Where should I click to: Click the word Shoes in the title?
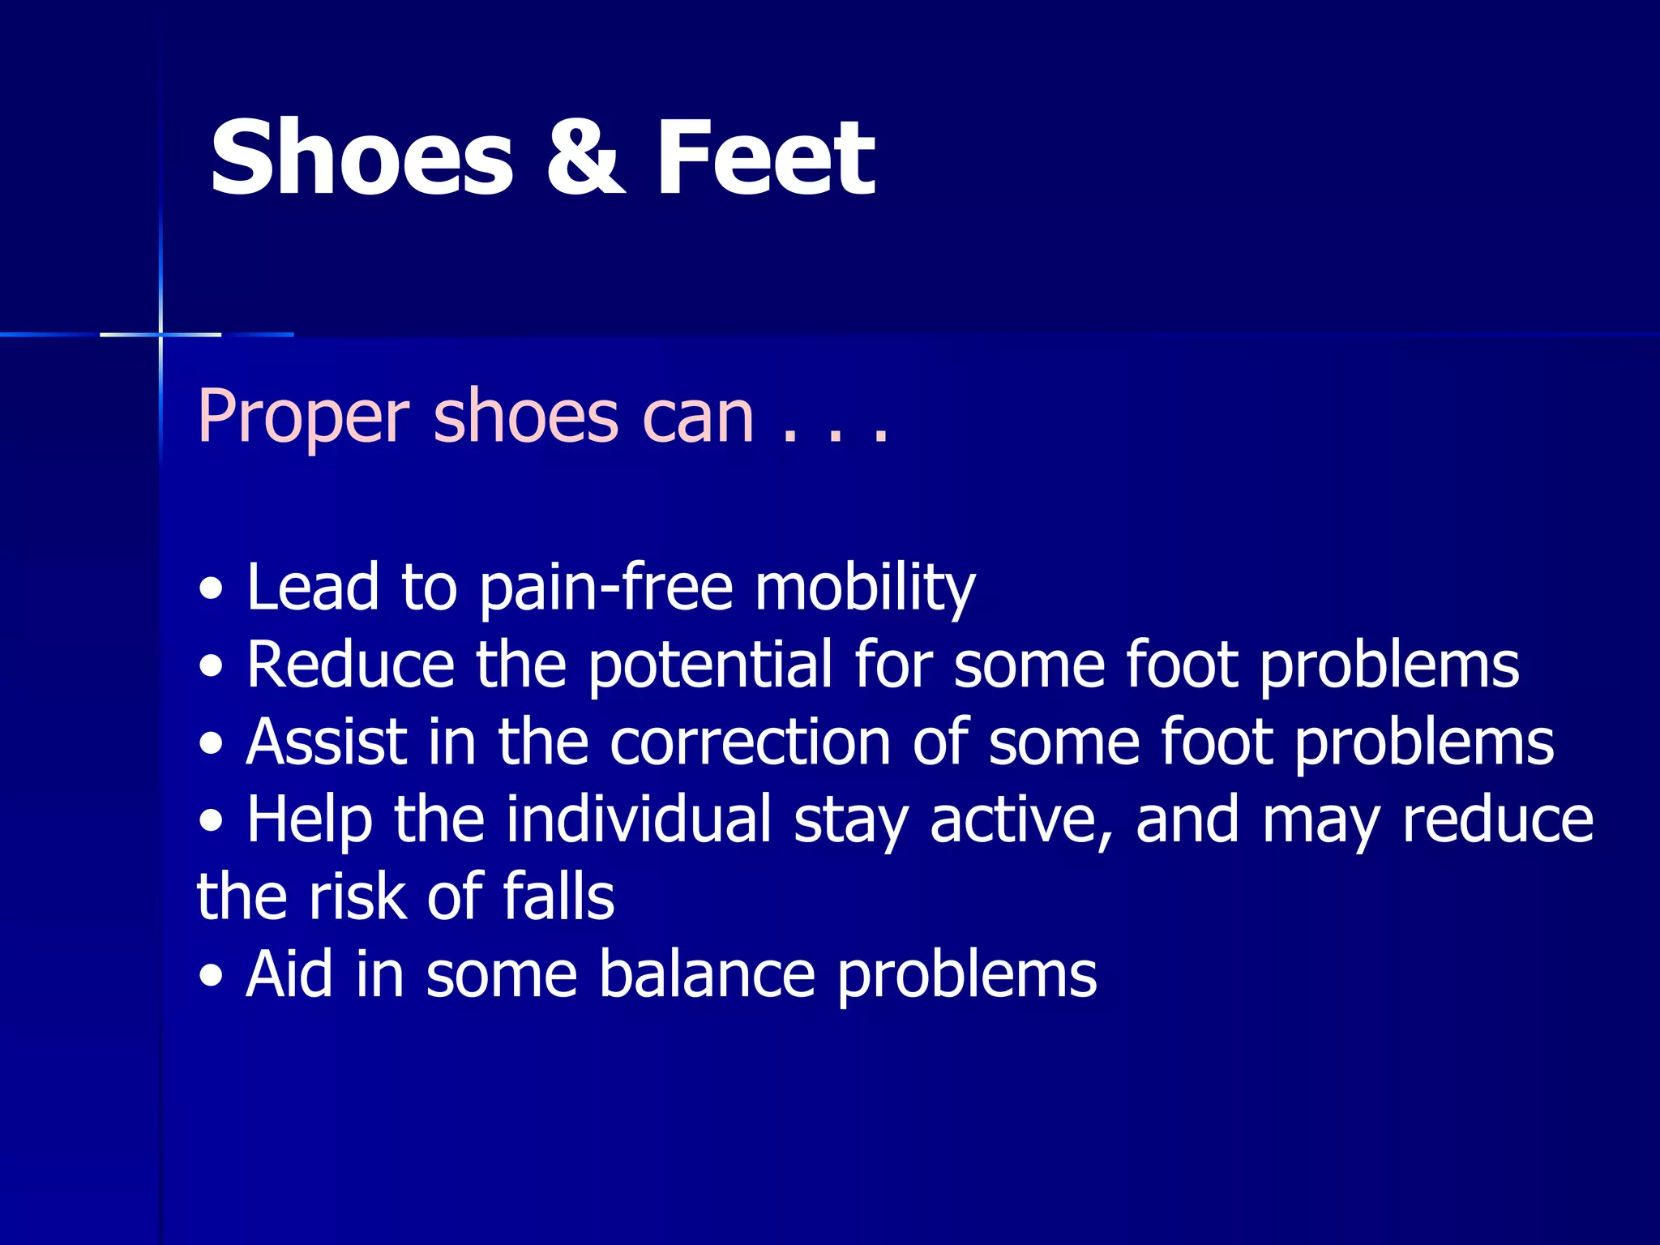coord(362,157)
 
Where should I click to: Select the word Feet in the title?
coord(765,157)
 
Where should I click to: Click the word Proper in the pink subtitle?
coord(303,418)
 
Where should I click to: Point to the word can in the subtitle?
coord(698,418)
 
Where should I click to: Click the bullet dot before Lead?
coord(212,590)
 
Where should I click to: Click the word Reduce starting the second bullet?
coord(349,665)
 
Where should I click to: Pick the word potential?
coord(709,665)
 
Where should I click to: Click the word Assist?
coord(327,742)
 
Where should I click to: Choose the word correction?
coord(750,742)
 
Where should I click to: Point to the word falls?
coord(558,896)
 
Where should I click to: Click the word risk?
coord(357,896)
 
